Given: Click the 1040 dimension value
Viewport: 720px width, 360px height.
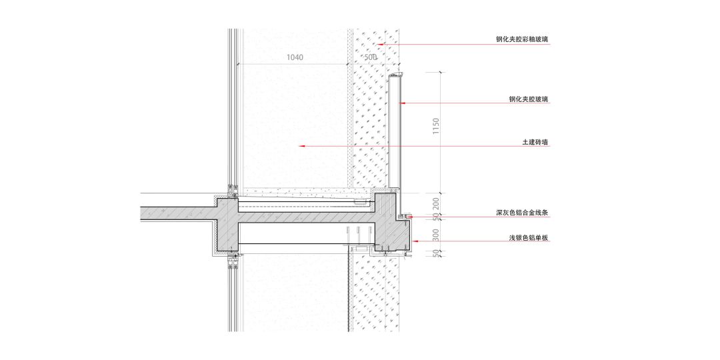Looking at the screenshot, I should coord(295,57).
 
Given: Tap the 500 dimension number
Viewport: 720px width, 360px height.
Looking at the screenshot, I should coord(371,57).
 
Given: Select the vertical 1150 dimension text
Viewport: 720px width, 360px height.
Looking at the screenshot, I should coord(435,127).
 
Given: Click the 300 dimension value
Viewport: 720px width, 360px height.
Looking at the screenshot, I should coord(435,235).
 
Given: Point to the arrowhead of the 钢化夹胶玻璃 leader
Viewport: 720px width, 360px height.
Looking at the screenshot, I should coord(401,103).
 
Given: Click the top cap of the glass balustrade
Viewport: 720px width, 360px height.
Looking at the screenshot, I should coord(396,75).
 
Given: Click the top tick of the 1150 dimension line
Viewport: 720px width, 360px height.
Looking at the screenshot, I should coord(441,71).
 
